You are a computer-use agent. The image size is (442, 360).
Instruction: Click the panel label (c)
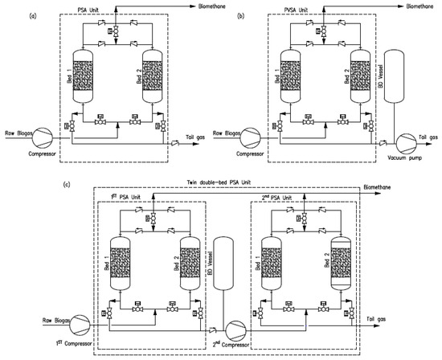tap(67, 186)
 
